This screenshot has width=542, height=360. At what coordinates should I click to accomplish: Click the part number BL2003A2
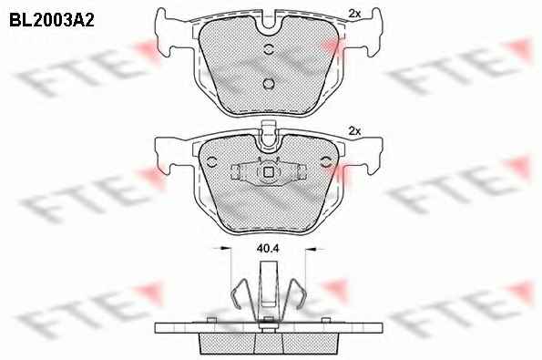click(52, 20)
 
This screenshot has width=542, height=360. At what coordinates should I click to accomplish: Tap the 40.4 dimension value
click(268, 248)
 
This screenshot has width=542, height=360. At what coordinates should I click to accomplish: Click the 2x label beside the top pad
click(354, 14)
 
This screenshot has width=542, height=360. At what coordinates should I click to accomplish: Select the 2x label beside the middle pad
click(354, 131)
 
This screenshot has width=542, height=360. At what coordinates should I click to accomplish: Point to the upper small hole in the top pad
click(269, 49)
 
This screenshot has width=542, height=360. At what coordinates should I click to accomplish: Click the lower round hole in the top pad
click(269, 84)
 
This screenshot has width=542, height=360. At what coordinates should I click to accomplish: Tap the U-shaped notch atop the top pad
click(269, 25)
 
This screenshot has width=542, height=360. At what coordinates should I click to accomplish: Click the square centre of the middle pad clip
click(269, 172)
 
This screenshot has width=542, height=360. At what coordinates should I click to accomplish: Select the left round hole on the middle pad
click(211, 161)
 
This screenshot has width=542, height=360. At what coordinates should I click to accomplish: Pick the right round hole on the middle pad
click(326, 161)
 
